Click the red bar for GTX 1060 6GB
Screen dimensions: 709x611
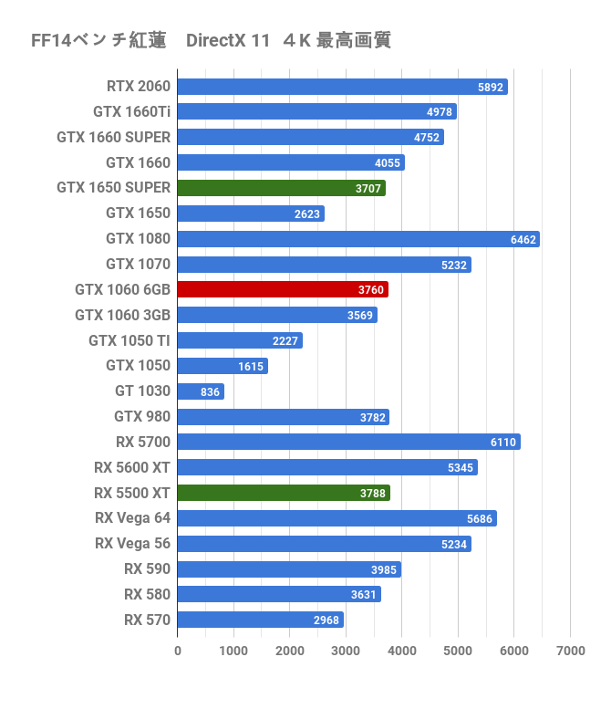282,289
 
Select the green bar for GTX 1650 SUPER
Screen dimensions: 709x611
281,188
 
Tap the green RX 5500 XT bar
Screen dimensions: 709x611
283,493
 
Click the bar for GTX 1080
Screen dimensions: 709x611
357,239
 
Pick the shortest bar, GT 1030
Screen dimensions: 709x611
200,391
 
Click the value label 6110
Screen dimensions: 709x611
503,443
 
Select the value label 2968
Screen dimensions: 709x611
326,620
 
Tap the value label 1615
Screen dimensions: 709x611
251,366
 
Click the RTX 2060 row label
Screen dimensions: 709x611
138,87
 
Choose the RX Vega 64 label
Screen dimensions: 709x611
132,518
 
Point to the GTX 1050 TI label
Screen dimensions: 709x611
129,340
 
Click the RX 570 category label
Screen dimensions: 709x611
147,620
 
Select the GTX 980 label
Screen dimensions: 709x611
142,417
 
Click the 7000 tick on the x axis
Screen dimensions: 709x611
570,651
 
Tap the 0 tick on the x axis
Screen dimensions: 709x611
178,651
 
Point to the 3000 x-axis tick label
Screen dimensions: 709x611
346,651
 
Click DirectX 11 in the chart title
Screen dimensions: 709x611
228,41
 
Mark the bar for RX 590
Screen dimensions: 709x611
288,569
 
